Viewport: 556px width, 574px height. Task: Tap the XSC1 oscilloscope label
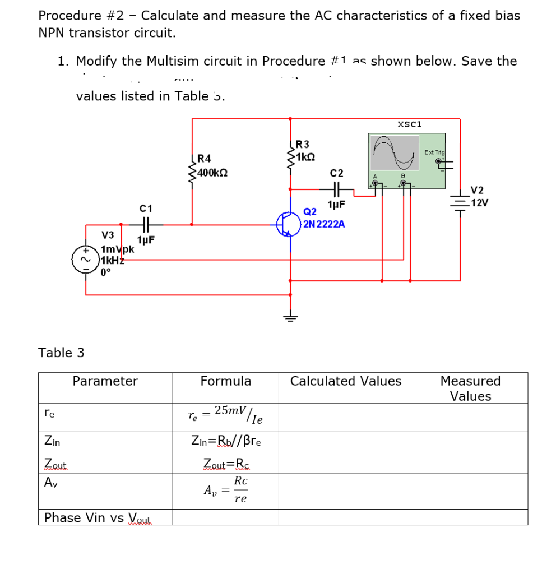coord(409,124)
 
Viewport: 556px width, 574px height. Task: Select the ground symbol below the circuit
coord(290,317)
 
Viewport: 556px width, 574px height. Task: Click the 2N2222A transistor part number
coord(324,224)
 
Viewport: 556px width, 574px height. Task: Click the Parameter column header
coord(105,381)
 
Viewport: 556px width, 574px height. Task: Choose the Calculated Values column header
coord(345,381)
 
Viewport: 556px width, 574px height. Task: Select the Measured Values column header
coord(470,388)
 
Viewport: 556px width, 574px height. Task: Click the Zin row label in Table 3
coord(52,442)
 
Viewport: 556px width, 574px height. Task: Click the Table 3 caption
coord(61,353)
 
